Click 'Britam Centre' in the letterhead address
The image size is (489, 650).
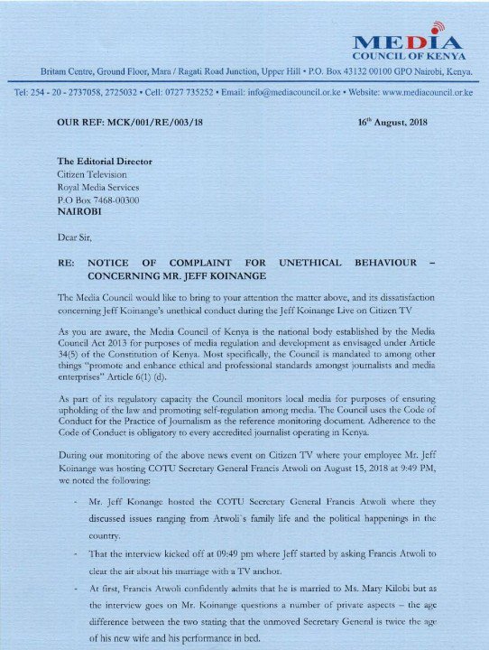click(x=71, y=70)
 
